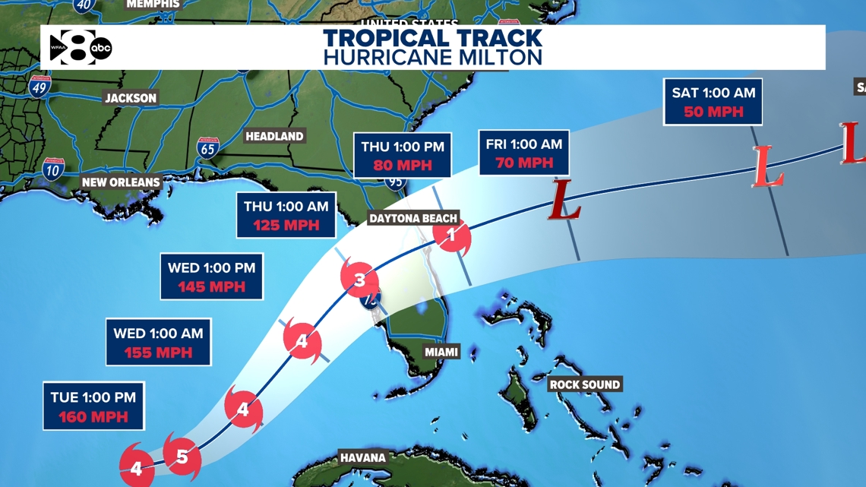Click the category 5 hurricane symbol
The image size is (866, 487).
(182, 457)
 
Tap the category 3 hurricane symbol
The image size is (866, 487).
(359, 280)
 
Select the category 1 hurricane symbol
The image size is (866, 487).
(451, 236)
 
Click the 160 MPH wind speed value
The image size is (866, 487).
(93, 417)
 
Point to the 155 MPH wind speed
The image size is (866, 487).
(158, 353)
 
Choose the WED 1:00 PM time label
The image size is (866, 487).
(212, 267)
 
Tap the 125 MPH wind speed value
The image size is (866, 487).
(286, 225)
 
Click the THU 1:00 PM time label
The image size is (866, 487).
(403, 147)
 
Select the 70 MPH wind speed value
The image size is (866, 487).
(524, 163)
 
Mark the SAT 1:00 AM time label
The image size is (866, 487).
(713, 93)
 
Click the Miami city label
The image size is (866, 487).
(441, 352)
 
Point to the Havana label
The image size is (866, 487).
(362, 457)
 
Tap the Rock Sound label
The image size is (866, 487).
(585, 384)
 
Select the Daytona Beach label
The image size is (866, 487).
(413, 218)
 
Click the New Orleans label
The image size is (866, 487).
(121, 182)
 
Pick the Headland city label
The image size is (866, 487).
(274, 136)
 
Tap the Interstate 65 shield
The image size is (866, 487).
(207, 147)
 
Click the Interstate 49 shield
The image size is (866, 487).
(40, 87)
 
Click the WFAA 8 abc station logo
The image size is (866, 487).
(81, 48)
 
